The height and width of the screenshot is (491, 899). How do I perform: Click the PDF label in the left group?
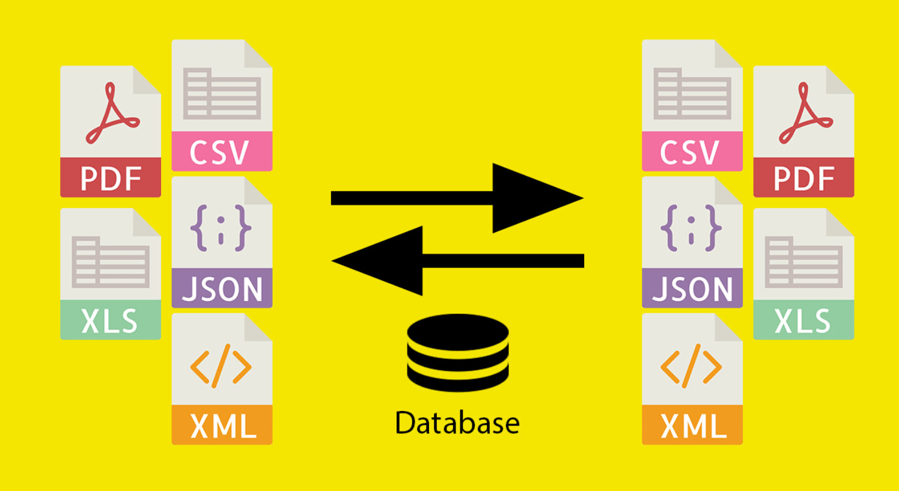tap(111, 178)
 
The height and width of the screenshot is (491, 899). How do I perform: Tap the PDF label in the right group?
tap(803, 178)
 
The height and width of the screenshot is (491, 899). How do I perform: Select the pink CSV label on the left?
tap(221, 152)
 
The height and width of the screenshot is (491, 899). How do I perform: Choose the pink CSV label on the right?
tap(692, 152)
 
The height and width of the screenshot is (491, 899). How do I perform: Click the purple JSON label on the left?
tap(222, 288)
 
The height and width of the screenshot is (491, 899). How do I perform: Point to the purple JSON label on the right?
tap(692, 288)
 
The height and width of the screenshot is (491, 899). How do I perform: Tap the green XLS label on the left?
tap(111, 320)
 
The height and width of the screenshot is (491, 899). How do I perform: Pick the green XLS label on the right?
tap(803, 320)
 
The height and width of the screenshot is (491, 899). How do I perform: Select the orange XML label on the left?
tap(222, 425)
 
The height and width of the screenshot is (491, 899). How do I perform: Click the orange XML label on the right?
tap(692, 425)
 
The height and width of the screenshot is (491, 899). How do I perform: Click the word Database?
tap(457, 423)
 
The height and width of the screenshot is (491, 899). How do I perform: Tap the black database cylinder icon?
tap(458, 353)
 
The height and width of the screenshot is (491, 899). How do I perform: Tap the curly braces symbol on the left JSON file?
tap(221, 228)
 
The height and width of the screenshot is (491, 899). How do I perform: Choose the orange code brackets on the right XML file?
tap(691, 365)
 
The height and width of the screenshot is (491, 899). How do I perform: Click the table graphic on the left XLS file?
tap(111, 261)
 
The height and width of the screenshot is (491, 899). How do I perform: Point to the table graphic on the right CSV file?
tap(692, 94)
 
